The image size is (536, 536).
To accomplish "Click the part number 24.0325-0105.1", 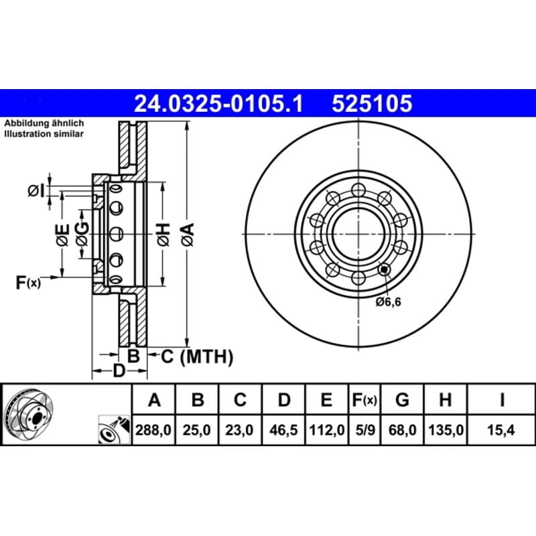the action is pos(218,104).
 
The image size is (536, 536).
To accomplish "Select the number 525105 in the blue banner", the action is pos(373,104).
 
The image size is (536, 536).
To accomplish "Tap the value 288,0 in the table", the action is pos(153,429).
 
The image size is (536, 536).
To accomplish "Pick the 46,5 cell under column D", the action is pos(283,429).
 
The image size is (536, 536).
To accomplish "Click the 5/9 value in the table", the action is pos(364,429).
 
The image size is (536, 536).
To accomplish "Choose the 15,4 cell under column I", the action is pos(500,429).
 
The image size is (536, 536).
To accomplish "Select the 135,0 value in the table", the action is pos(446,429).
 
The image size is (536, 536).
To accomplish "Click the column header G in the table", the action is pos(402,399).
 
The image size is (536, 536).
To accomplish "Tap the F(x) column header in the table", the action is pos(364,399).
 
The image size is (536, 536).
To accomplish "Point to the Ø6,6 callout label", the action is pos(389,302).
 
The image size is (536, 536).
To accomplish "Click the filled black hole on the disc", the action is pos(384,269).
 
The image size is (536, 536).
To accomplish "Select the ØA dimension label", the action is pos(188,234).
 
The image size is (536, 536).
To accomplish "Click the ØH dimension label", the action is pos(163,234).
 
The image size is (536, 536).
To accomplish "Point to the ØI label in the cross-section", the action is pos(36,191).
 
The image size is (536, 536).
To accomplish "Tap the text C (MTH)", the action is pos(197,357).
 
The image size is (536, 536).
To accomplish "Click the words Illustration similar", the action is pos(44,133).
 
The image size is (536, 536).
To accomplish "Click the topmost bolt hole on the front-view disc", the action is pos(358,190).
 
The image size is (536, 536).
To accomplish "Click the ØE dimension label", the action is pos(63,235).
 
